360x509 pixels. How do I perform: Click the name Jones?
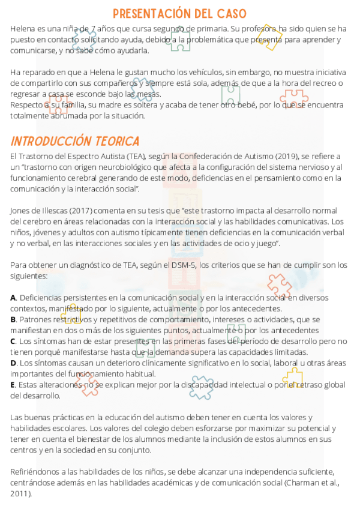(x=22, y=211)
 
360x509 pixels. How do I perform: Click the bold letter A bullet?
(x=13, y=298)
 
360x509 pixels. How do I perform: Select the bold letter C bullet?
(x=13, y=342)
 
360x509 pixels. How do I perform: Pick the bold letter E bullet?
(x=13, y=385)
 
